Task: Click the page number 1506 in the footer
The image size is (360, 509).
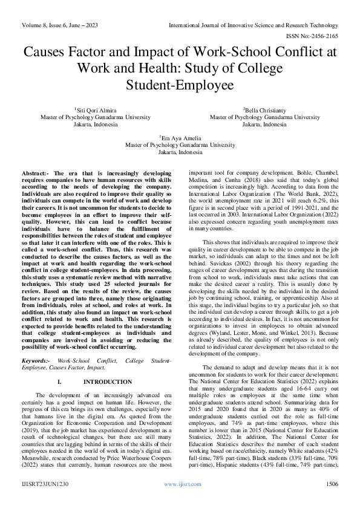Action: point(332,501)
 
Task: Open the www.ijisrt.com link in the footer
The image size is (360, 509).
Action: point(179,501)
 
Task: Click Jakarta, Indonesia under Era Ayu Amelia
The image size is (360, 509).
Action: point(180,152)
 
